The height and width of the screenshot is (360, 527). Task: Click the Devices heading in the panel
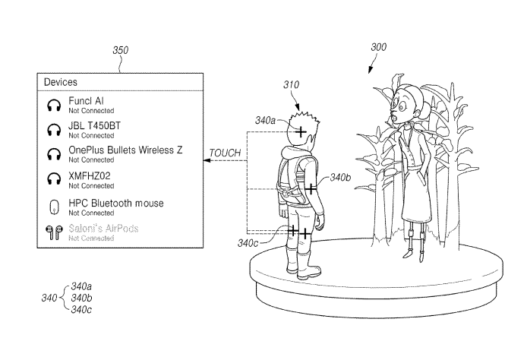tap(61, 82)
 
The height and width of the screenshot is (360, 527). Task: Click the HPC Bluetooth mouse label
tap(115, 204)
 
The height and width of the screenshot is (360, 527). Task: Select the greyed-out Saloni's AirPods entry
tap(103, 229)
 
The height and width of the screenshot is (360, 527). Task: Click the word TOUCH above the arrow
tap(225, 153)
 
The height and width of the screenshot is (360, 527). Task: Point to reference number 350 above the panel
tap(120, 51)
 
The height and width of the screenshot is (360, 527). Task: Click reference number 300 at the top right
tap(377, 47)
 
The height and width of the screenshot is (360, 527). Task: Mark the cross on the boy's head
tap(301, 132)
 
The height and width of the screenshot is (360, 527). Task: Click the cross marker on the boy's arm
tap(311, 189)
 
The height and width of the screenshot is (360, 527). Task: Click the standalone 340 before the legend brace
tap(49, 298)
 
